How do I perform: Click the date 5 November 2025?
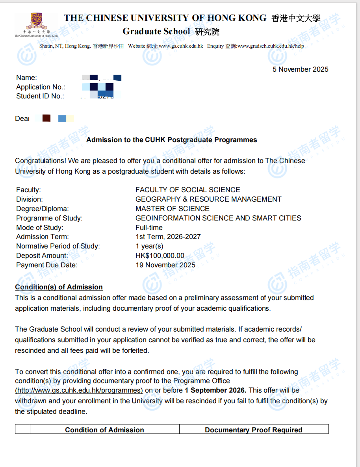click(300, 69)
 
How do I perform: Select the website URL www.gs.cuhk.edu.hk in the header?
click(181, 46)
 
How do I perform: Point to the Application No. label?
click(41, 87)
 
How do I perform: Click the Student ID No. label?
click(40, 96)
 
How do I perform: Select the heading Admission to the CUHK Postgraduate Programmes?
click(171, 140)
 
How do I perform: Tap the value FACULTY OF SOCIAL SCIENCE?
click(187, 190)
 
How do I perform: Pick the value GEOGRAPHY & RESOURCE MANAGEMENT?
click(208, 199)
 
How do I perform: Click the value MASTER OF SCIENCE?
click(172, 209)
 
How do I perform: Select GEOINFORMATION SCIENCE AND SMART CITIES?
click(218, 218)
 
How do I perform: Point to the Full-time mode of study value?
click(149, 228)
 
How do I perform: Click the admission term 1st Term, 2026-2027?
click(168, 237)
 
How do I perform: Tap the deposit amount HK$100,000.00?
click(160, 256)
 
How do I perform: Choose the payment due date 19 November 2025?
click(165, 265)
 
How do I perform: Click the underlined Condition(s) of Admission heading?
click(59, 287)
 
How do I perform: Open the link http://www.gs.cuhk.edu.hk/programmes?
click(79, 391)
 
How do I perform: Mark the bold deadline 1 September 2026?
click(215, 391)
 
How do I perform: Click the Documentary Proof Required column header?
click(253, 430)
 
